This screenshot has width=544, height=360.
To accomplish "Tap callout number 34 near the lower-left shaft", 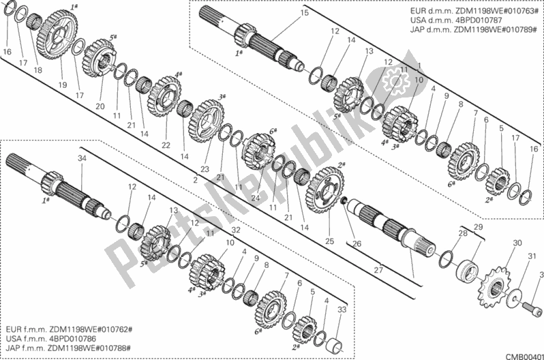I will click(x=82, y=159).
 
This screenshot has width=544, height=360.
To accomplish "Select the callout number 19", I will click(x=63, y=85).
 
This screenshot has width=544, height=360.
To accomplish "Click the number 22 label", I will click(x=166, y=145).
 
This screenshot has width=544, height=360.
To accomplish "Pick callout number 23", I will click(x=205, y=169).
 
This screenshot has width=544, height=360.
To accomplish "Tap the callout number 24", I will click(x=254, y=198).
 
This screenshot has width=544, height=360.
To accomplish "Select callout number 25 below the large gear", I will click(x=329, y=241).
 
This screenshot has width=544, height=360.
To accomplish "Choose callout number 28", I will click(x=463, y=234).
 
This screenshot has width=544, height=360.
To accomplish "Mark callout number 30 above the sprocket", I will click(x=517, y=243).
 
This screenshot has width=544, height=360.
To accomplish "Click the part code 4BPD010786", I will click(x=85, y=337).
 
